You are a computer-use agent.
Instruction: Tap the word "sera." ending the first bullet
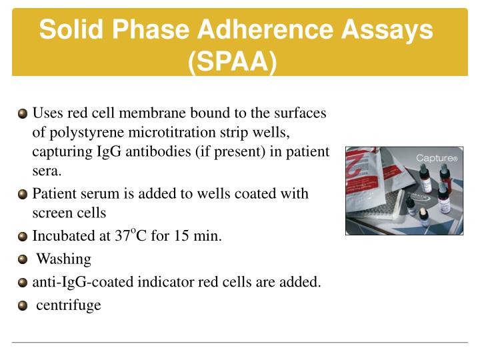(47, 171)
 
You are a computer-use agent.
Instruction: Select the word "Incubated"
(63, 236)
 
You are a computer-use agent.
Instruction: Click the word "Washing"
(63, 259)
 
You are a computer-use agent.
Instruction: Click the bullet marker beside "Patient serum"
(23, 195)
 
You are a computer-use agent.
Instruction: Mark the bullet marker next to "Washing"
(23, 259)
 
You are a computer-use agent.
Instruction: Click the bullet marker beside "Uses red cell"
(23, 113)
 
